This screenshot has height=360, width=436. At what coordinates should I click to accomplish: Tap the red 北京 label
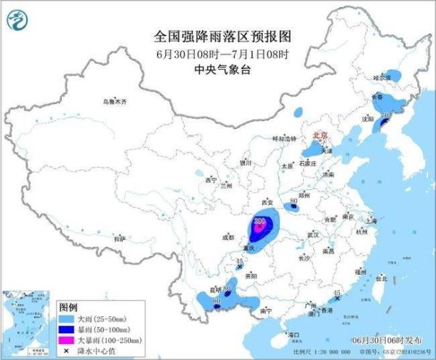coord(319,135)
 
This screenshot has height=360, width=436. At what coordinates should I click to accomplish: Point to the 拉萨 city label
coord(120,238)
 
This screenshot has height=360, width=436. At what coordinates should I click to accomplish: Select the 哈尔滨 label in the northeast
coord(381,76)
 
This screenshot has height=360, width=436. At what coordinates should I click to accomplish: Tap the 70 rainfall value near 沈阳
coord(386,116)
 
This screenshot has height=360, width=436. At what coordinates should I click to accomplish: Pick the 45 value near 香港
coord(336,294)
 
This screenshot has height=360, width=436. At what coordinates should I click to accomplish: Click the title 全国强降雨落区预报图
coord(202,35)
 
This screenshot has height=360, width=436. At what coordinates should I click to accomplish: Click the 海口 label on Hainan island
coord(294,335)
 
